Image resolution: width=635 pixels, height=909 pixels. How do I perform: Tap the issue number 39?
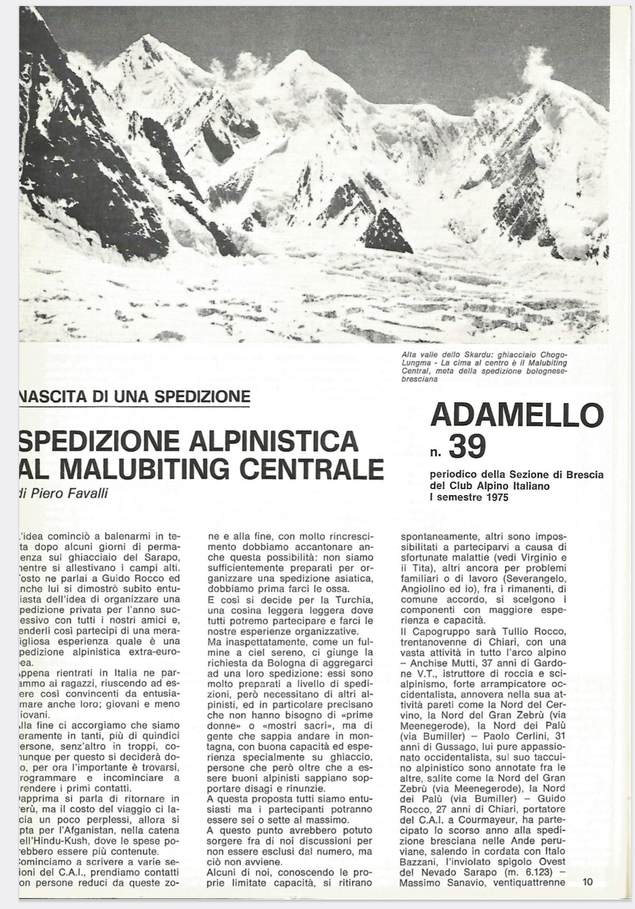pos(467,446)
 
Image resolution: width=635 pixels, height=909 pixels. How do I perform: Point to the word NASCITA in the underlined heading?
pos(47,395)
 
